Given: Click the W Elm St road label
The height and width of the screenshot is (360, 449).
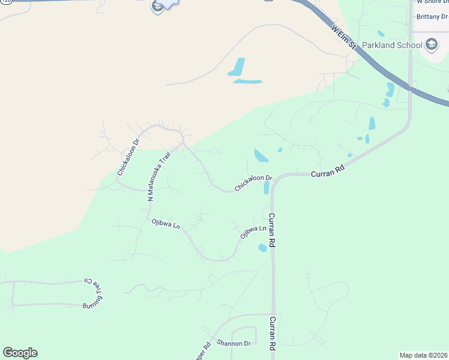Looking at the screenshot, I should pos(344,37).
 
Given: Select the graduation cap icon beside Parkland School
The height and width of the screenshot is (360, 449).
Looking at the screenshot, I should pos(431,44).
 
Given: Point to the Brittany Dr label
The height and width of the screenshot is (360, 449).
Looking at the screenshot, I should pos(432,17).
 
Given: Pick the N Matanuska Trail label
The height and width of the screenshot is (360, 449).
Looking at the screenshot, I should pos(158,175).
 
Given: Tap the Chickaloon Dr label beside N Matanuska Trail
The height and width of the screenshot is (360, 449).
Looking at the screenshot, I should pos(128,157).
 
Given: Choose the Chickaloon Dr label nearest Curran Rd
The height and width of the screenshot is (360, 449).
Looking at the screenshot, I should pos(253,183).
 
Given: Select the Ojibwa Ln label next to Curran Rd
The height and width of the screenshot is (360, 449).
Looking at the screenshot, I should pos(253,231).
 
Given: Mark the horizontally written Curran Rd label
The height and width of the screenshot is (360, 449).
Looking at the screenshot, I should pos(328,170).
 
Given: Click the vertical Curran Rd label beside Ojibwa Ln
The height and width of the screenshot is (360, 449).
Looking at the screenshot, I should pos(272,230).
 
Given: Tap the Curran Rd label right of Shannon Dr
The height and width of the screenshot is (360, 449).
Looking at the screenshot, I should pos(273,333).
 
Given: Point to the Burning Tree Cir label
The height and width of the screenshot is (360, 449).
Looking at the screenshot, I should pos(94,293).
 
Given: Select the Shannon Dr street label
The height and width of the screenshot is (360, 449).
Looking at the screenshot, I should pos(234,343).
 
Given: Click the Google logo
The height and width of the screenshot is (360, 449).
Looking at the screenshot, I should pos(20,353).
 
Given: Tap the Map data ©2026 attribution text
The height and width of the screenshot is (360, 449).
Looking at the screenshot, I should pos(423,355).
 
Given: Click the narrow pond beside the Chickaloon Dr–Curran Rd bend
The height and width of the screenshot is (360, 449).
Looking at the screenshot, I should pos(267,188).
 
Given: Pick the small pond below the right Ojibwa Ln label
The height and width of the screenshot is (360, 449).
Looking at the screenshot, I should pos(262,248).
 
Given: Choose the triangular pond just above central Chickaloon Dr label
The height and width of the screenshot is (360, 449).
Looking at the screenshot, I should pos(261,155).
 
